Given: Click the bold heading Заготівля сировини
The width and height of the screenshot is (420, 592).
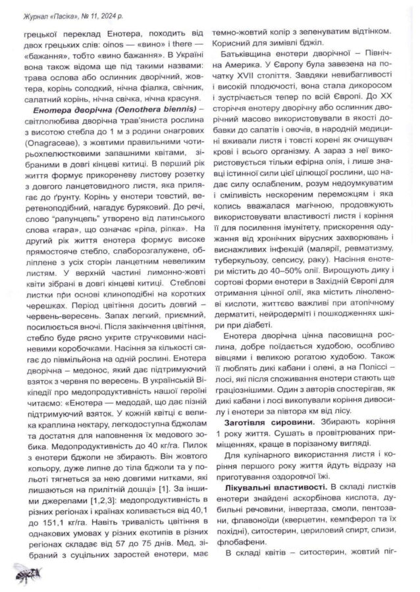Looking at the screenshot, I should pos(268,420).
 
